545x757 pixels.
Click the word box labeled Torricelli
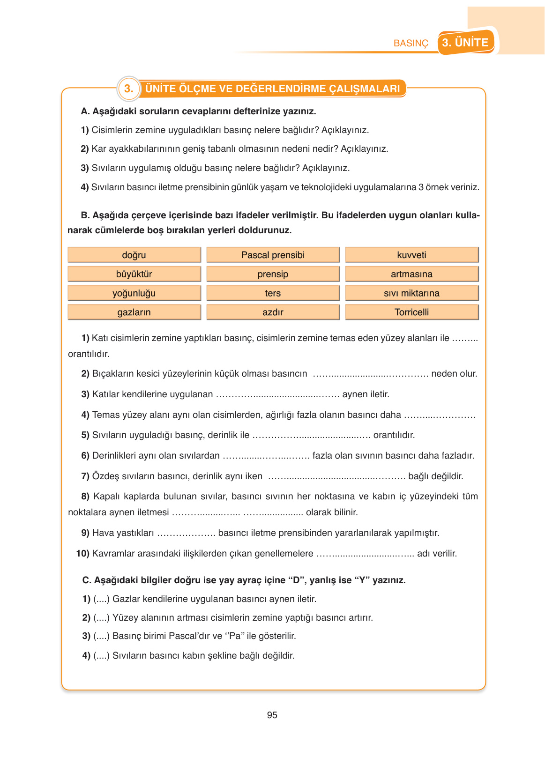pos(411,312)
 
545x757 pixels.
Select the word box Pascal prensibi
pos(273,255)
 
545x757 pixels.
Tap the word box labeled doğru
pos(134,255)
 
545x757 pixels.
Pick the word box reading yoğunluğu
pos(134,293)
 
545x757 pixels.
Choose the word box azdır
pos(273,312)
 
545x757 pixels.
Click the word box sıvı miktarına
pos(411,293)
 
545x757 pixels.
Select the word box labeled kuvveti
pos(411,255)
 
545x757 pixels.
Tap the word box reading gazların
pos(134,312)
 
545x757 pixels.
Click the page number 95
pos(272,715)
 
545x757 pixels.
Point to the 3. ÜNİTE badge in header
pos(465,43)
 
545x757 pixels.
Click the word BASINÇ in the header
pos(411,43)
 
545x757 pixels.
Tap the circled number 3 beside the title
pos(128,89)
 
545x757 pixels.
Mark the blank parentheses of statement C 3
pos(101,636)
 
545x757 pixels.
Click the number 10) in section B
pos(83,554)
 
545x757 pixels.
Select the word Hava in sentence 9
pos(102,533)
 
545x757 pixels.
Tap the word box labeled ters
pos(273,293)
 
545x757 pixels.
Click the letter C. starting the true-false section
pos(87,580)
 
